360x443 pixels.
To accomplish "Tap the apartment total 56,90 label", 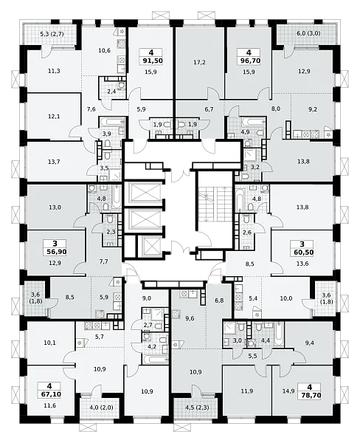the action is [x=55, y=252].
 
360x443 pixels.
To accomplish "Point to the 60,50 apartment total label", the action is [x=302, y=252].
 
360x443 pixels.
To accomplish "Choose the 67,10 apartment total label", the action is [x=49, y=394].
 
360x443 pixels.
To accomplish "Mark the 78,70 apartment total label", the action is [x=309, y=395].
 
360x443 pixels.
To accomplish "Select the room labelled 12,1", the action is [x=54, y=116].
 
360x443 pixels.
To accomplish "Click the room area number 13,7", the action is [x=54, y=162].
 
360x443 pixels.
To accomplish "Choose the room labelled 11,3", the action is [x=54, y=71].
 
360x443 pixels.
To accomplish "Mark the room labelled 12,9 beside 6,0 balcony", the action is [x=304, y=71].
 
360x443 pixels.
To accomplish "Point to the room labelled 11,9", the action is [x=247, y=391].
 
